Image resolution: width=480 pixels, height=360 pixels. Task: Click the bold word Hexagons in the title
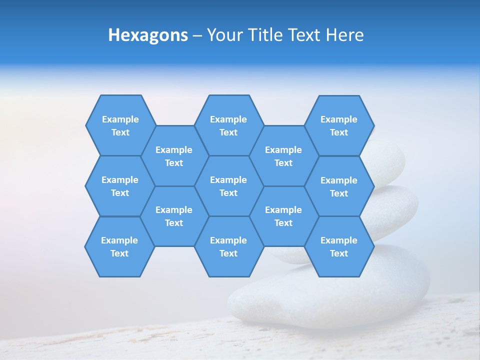coord(148,35)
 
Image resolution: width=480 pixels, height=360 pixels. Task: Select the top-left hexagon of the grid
coord(120,125)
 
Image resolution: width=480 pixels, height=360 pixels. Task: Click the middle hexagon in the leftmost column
coord(120,186)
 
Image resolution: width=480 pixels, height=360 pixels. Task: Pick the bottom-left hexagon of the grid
coord(119,246)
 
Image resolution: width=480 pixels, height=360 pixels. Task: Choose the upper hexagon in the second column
coord(174,156)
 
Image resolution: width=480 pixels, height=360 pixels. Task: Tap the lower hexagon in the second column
coord(174,216)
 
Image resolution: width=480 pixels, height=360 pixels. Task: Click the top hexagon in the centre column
coord(228,125)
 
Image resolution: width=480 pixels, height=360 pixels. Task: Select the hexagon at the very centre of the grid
coord(228,186)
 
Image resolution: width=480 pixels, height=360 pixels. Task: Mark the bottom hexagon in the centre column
coord(228,246)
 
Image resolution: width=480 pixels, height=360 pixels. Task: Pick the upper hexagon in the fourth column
coord(283,156)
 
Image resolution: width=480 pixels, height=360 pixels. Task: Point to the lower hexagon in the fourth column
coord(283,216)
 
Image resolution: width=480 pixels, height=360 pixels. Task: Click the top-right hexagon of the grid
coord(339,125)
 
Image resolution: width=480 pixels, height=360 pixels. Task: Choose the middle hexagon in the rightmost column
coord(339,186)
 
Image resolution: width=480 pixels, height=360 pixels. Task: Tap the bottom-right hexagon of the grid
coord(339,246)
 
